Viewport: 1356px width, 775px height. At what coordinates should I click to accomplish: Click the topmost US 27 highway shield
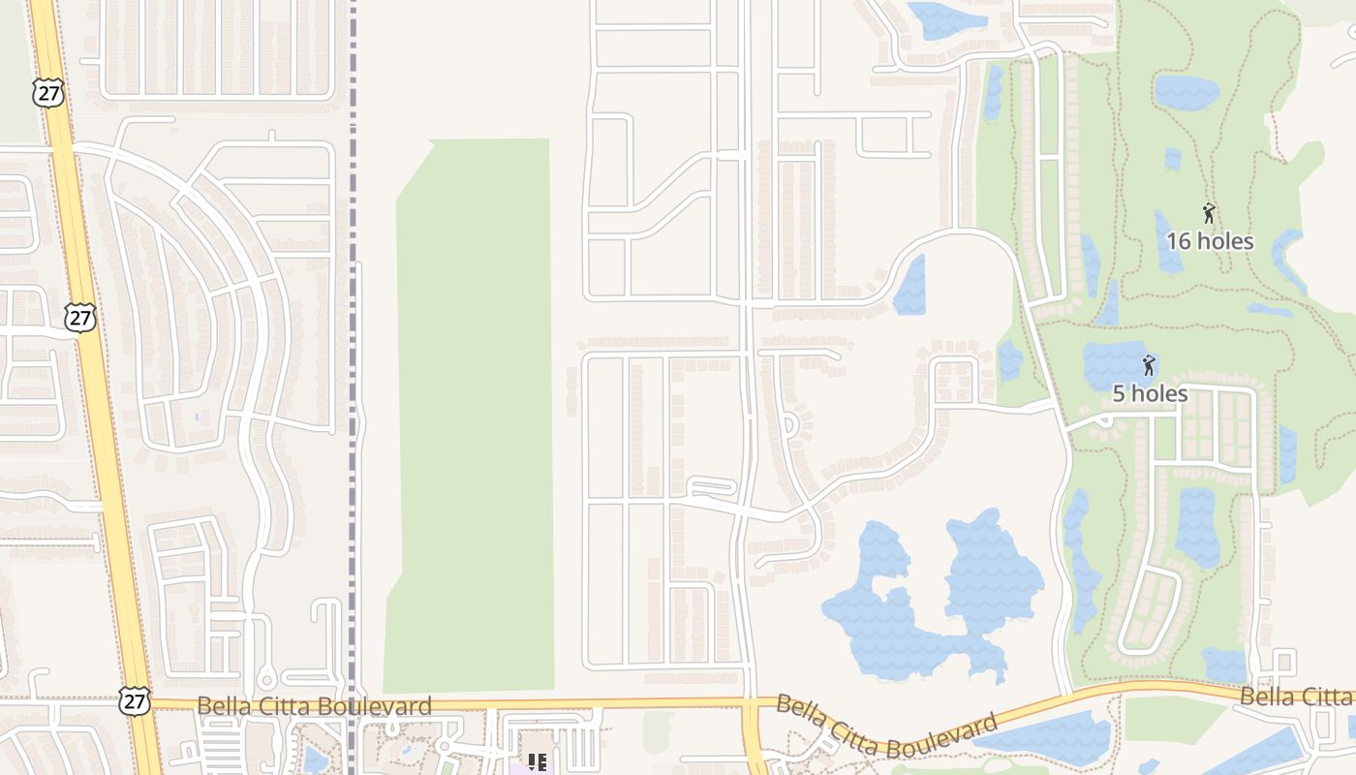(46, 93)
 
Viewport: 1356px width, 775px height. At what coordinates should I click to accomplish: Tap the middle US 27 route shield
(81, 317)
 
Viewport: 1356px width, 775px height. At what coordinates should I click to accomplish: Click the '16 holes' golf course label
(1210, 241)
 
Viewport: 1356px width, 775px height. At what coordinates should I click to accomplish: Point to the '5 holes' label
(1150, 393)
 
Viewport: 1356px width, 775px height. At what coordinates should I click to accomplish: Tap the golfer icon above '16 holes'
(1209, 213)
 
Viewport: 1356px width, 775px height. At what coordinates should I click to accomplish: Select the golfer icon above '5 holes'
(1149, 365)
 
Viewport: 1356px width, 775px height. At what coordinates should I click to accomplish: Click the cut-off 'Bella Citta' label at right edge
(1298, 697)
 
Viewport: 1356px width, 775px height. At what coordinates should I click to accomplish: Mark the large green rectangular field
(473, 417)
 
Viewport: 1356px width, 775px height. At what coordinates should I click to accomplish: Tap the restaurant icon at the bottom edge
(537, 762)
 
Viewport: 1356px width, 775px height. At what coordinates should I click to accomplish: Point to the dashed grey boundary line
(353, 194)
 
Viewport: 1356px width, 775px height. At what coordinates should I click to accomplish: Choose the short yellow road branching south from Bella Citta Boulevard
(755, 741)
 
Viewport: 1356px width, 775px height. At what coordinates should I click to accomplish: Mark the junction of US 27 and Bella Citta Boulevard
(144, 704)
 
